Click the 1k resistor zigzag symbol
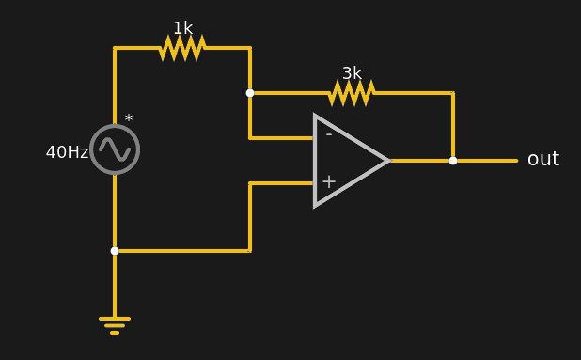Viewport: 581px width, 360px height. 182,48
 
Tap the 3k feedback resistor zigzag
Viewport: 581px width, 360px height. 352,93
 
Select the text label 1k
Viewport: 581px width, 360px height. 182,28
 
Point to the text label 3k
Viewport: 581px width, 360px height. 352,73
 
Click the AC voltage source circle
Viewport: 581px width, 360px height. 115,149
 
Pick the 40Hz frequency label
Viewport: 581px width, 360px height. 67,152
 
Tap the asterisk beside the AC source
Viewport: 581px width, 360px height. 129,119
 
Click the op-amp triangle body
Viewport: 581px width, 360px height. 344,161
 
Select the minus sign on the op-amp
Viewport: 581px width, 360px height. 328,134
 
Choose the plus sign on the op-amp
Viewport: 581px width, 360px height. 328,181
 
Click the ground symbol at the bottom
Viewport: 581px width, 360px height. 115,324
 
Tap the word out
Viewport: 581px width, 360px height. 542,160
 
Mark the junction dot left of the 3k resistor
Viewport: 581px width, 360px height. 250,93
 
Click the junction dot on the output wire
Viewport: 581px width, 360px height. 453,161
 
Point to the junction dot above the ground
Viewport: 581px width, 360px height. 115,251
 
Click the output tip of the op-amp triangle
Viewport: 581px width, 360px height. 388,161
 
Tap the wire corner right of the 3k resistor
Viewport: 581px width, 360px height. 453,93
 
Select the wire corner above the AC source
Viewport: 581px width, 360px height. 115,48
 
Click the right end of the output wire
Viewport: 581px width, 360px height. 516,161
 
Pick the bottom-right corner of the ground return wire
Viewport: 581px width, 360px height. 250,251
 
